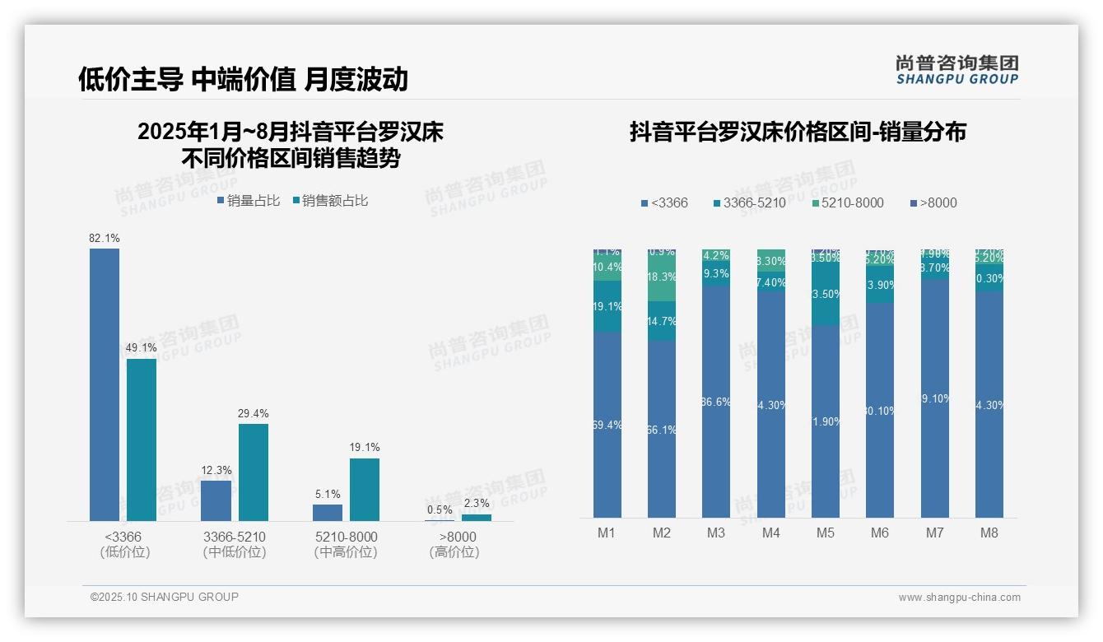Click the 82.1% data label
click(x=105, y=238)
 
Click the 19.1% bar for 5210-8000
click(x=365, y=489)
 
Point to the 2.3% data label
click(x=477, y=503)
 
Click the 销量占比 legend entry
click(x=248, y=200)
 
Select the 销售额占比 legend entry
click(x=330, y=200)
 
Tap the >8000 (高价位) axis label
click(x=454, y=544)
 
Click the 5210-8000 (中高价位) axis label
click(x=346, y=544)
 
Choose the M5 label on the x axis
click(x=826, y=533)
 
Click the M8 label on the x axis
click(x=989, y=533)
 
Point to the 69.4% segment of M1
click(x=607, y=425)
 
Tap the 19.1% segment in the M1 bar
click(x=607, y=306)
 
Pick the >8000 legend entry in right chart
click(x=933, y=202)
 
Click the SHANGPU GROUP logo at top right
click(x=956, y=70)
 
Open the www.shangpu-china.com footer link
click(x=959, y=598)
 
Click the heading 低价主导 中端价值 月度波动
click(x=243, y=79)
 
